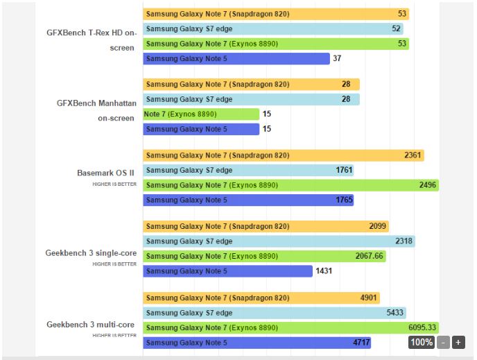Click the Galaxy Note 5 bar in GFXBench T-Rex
tap(236, 58)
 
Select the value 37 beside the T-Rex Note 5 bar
tap(338, 58)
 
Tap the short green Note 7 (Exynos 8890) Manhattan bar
tap(201, 114)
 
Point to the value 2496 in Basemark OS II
tap(428, 185)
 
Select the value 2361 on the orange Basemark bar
tap(413, 155)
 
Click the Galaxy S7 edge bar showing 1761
tap(248, 170)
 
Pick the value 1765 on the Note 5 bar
tap(345, 200)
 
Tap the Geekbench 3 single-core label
tap(92, 252)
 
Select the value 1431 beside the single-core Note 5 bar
tap(324, 271)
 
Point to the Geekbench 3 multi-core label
tap(92, 324)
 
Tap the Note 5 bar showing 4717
tap(257, 342)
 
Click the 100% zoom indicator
tap(422, 342)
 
